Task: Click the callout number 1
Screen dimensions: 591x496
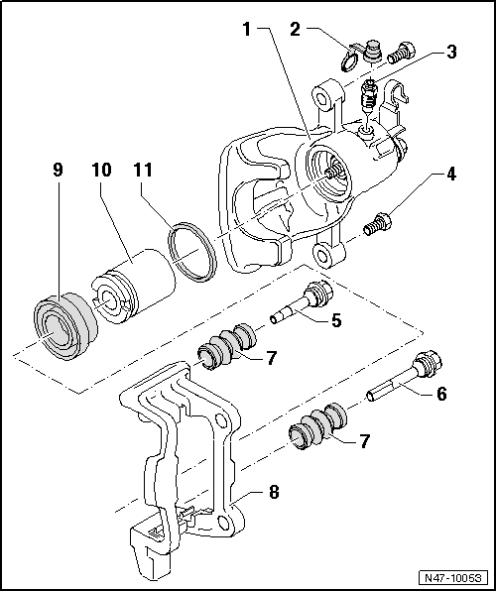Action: pos(247,29)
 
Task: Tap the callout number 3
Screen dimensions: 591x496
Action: pos(450,51)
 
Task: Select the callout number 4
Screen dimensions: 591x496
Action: pos(452,177)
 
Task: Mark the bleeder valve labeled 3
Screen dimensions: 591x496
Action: pos(367,98)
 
